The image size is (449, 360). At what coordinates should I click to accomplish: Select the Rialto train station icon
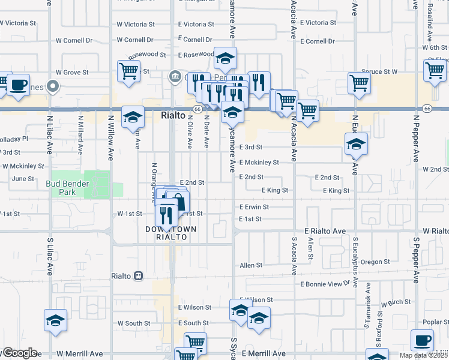[x=139, y=276]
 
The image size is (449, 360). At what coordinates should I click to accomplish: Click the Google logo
[x=19, y=353]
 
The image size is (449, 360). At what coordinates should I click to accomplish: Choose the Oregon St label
[x=376, y=262]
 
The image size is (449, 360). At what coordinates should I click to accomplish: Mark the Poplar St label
[x=435, y=322]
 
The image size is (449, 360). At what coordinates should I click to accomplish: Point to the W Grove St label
[x=72, y=72]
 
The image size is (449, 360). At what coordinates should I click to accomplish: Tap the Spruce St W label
[x=379, y=71]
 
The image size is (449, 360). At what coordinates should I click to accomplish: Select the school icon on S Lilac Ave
[x=55, y=321]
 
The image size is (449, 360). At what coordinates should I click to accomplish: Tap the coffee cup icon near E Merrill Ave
[x=422, y=341]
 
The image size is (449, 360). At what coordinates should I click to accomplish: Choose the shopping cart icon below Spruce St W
[x=359, y=83]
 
